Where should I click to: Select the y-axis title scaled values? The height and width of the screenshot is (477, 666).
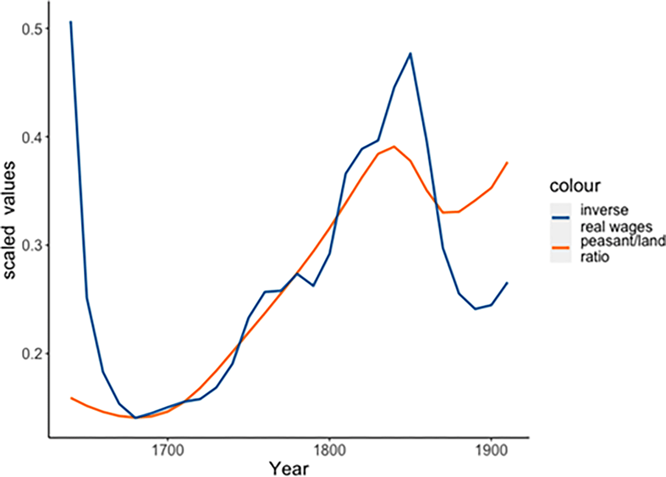click(x=10, y=220)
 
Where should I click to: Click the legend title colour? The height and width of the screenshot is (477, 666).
click(x=575, y=185)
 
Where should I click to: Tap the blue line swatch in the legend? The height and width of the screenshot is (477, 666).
click(x=560, y=217)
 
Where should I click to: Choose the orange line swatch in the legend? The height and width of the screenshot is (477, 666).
click(x=560, y=248)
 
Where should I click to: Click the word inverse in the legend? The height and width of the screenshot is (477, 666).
click(x=604, y=210)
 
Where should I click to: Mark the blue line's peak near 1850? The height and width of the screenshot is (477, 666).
click(x=411, y=53)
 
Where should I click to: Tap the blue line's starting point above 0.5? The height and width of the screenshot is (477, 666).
click(x=71, y=21)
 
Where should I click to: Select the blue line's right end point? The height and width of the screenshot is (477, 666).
click(x=507, y=283)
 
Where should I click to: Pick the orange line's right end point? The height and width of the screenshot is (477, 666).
click(x=507, y=163)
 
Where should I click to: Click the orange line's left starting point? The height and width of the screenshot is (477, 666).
click(x=71, y=398)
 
